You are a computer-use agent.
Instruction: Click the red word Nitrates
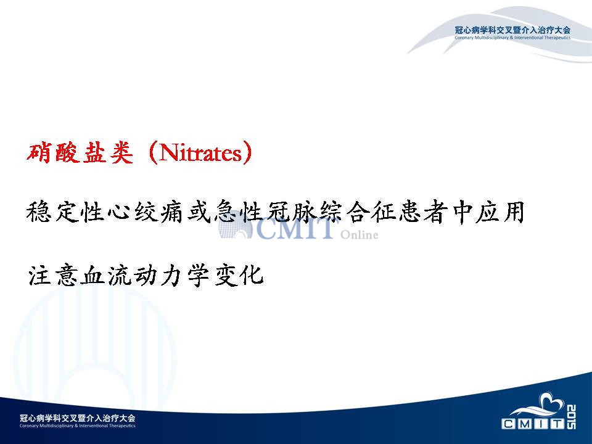200,153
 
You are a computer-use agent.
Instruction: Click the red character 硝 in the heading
39,152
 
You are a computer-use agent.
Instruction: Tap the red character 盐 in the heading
94,152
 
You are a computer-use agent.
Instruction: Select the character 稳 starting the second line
38,212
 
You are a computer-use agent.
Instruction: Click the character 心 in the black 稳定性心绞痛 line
119,212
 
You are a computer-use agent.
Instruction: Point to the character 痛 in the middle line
172,212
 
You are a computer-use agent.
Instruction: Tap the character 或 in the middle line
199,212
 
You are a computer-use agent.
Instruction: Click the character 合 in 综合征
359,212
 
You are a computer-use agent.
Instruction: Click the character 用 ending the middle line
513,212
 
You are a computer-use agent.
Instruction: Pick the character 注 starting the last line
39,275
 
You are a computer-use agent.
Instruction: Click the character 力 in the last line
173,275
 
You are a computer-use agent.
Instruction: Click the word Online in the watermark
359,235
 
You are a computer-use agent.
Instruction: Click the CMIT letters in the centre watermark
295,229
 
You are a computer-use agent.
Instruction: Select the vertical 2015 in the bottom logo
571,417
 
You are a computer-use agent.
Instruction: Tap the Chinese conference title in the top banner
512,30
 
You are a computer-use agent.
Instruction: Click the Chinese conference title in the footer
78,418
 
